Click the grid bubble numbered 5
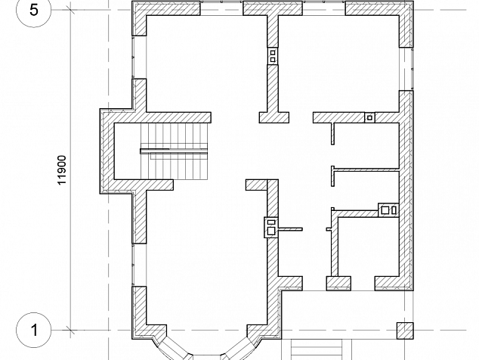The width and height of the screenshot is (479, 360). click(33, 10)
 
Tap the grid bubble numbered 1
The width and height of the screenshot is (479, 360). click(33, 330)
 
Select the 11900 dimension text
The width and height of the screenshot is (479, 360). click(62, 170)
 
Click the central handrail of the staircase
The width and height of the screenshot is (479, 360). click(174, 151)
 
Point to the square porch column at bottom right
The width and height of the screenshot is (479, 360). click(405, 331)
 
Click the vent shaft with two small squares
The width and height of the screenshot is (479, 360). click(273, 56)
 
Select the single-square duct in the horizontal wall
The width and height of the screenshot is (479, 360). click(369, 117)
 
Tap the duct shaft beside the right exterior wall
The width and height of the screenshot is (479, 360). click(388, 210)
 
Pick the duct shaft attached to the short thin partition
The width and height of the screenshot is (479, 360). click(271, 227)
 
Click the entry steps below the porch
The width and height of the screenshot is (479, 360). click(316, 349)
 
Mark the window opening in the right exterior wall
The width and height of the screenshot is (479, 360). click(406, 69)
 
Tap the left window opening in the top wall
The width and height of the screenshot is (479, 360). click(221, 8)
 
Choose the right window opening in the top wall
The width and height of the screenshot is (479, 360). click(324, 8)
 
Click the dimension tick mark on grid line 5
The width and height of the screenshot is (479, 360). click(70, 10)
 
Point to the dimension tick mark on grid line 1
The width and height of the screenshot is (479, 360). click(70, 330)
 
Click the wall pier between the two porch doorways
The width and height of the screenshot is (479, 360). click(338, 284)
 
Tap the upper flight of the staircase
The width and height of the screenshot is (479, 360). click(174, 136)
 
